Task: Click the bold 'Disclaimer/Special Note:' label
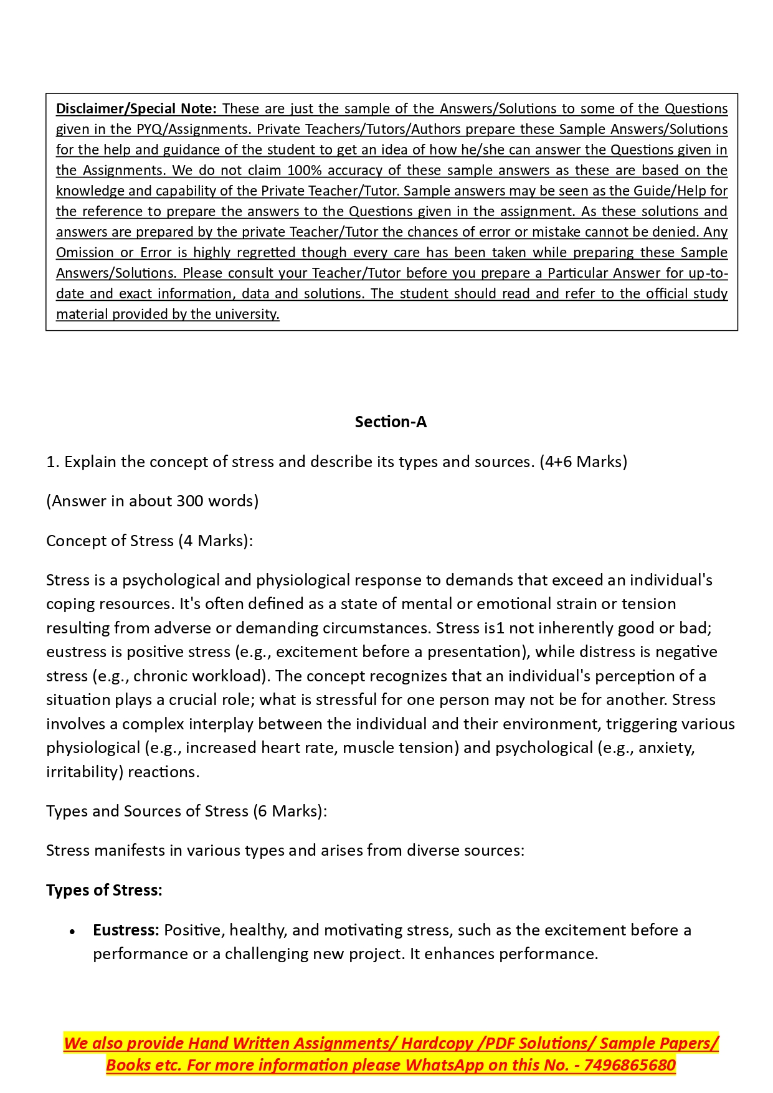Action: tap(136, 108)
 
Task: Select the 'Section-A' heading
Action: tap(391, 422)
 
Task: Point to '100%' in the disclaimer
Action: tap(304, 170)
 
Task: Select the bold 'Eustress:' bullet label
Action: tap(126, 930)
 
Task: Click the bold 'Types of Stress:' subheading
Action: tap(104, 890)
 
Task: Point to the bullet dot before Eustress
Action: tap(73, 932)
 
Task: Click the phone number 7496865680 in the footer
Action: tap(630, 1065)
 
